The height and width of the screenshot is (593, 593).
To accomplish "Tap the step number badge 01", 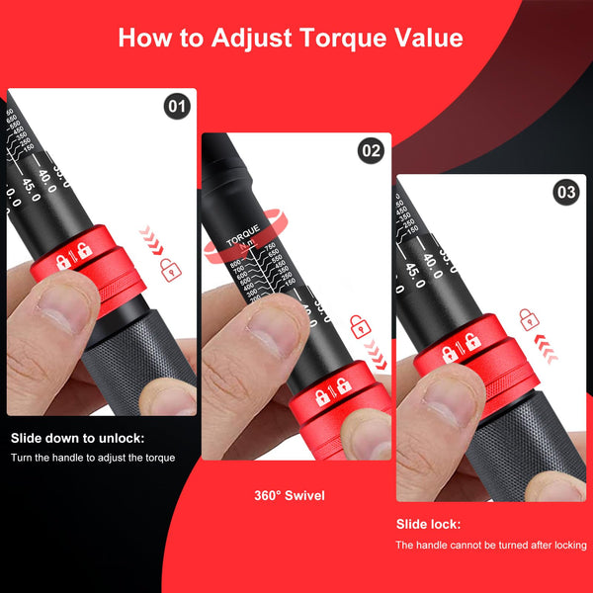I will coord(177,106).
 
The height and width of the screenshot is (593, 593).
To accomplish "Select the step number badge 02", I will coord(371,151).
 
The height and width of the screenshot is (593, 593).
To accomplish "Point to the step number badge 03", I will coord(565,193).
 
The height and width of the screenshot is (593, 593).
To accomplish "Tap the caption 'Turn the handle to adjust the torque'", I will coord(93,458).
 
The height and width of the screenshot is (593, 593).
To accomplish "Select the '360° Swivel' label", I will coord(288,494).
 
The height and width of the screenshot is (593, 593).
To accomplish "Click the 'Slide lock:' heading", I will coord(428,524).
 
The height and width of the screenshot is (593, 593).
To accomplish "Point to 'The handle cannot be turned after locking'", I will coord(491,545).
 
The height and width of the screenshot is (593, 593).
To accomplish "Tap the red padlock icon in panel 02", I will coord(362,324).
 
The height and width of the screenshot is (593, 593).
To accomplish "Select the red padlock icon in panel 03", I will coord(529,319).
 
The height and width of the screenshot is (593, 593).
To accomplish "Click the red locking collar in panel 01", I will coord(99,267).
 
